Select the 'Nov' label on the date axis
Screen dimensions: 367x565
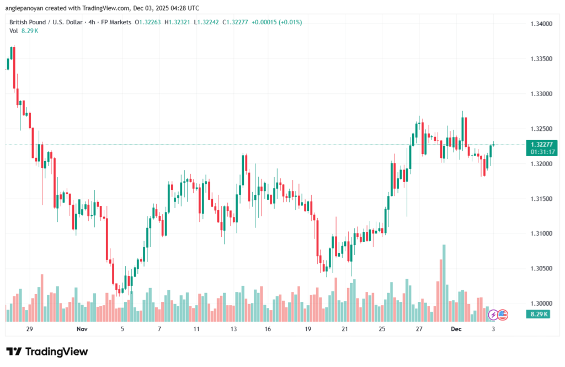[82, 329]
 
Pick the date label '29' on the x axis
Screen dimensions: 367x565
[30, 329]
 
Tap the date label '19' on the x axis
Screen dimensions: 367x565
[308, 329]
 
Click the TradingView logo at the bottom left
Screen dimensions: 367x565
[47, 352]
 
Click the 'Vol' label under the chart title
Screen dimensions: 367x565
[13, 31]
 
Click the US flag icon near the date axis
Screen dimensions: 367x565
[502, 315]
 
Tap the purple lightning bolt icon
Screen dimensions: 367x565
[493, 315]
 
